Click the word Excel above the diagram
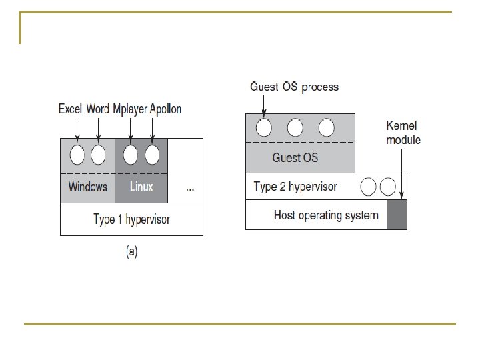click(x=70, y=109)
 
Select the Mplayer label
click(x=131, y=109)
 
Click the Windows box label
click(x=87, y=187)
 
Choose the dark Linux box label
click(x=141, y=187)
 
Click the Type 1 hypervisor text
click(x=131, y=219)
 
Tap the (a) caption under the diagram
click(x=131, y=252)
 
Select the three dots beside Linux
click(x=190, y=189)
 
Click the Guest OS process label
click(x=294, y=87)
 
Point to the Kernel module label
click(x=403, y=133)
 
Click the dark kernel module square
click(x=396, y=215)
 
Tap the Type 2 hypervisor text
click(x=295, y=187)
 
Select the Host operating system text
click(x=326, y=215)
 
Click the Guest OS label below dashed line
click(x=295, y=158)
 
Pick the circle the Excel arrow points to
click(x=78, y=155)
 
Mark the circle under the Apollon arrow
click(x=153, y=155)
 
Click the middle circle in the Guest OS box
click(x=295, y=127)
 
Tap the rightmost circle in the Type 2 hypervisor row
click(x=388, y=187)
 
